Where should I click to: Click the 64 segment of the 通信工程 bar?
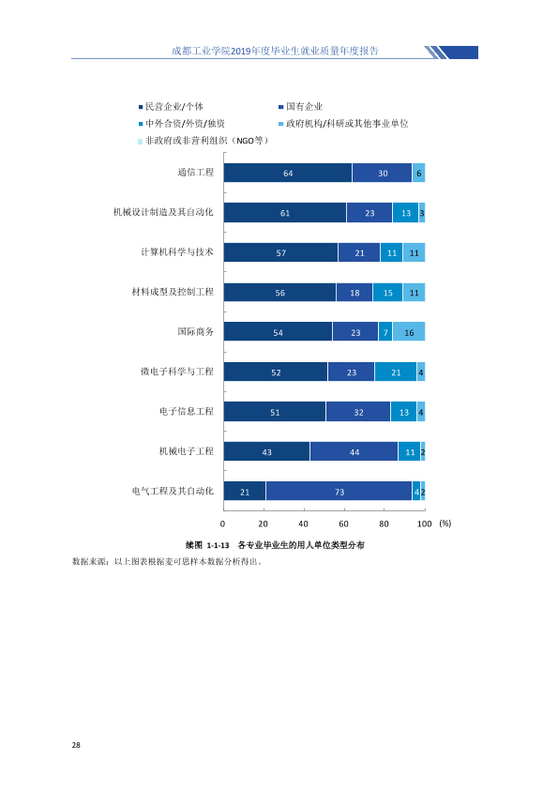coord(288,173)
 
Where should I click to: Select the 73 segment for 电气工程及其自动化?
coord(339,492)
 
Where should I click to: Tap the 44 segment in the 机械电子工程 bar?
coord(354,451)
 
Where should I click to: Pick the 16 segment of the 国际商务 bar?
coord(409,332)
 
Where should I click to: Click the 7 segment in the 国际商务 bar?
coord(385,332)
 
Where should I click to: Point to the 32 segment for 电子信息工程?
coord(358,412)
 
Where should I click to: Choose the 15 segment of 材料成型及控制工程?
coord(387,292)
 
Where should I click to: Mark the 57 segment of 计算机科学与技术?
coord(281,252)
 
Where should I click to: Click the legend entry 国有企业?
coord(301,107)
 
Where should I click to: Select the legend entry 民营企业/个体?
coord(172,107)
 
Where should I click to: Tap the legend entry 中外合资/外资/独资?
coord(182,124)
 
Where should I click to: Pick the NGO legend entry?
coord(203,141)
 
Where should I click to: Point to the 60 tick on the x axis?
coord(343,524)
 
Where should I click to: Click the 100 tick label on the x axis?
coord(425,524)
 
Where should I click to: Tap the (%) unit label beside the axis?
coord(445,524)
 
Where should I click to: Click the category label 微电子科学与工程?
coord(176,372)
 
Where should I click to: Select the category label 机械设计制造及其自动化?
coord(163,212)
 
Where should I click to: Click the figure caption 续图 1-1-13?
coord(207,545)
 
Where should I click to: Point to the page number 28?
coord(76,745)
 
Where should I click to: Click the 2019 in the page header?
coord(241,51)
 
